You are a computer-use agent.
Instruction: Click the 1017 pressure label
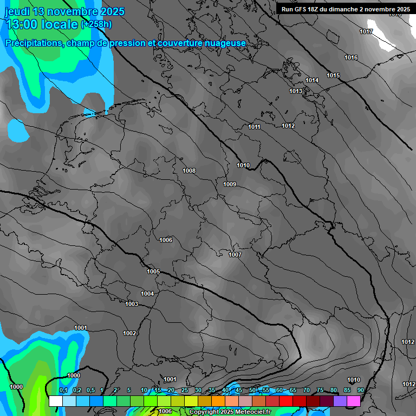(x=366, y=31)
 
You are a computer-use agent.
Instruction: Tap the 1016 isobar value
(x=351, y=57)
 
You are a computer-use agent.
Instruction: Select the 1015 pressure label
(x=333, y=75)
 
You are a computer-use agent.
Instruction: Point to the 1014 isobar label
(x=312, y=80)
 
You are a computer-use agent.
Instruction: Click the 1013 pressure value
(x=296, y=91)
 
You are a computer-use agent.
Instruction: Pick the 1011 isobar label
(x=255, y=127)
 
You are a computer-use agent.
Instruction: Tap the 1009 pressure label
(x=230, y=184)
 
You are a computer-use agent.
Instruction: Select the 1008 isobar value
(x=189, y=171)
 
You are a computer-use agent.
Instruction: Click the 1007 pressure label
(x=235, y=255)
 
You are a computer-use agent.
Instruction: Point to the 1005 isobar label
(x=153, y=271)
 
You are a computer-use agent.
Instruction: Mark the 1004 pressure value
(x=147, y=294)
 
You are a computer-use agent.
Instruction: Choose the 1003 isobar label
(x=132, y=304)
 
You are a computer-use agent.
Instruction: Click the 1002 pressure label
(x=129, y=333)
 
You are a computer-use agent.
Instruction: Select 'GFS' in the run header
(x=301, y=9)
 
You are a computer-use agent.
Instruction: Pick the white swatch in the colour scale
(x=55, y=401)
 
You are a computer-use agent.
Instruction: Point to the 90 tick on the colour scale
(x=361, y=390)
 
